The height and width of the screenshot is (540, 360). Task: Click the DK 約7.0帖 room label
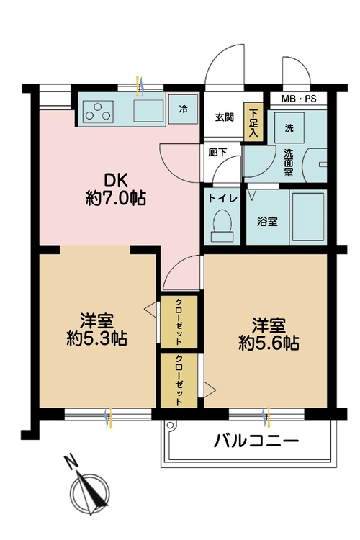115,189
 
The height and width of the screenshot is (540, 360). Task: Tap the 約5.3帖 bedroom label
96,329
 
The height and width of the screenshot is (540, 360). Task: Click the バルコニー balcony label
256,441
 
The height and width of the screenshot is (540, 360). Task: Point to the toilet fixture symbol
222,226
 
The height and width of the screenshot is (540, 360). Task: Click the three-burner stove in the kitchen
99,111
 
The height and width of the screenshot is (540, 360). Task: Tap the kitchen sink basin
148,111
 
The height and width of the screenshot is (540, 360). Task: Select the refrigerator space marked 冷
183,109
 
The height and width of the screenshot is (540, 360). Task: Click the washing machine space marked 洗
289,127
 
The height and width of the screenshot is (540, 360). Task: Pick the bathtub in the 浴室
308,217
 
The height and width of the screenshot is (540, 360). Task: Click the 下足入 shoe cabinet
253,122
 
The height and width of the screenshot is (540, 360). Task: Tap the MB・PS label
299,99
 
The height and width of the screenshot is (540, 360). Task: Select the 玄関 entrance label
225,117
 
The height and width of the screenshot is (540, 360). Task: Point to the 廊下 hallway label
217,152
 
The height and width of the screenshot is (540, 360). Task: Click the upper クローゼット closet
179,322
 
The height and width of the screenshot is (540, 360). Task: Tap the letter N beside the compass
71,462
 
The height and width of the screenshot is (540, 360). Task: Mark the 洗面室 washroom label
288,163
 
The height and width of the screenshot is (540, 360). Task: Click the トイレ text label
223,199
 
